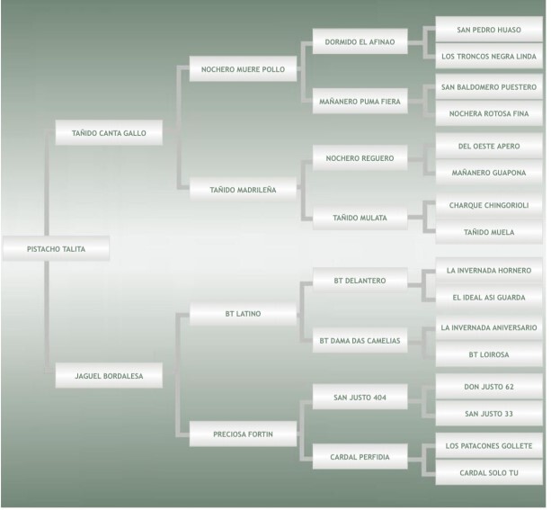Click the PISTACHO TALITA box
pyautogui.click(x=56, y=249)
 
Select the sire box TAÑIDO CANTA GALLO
pyautogui.click(x=109, y=133)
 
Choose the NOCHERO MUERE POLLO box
pyautogui.click(x=243, y=68)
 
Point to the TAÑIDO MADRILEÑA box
pyautogui.click(x=243, y=190)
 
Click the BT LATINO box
pyautogui.click(x=243, y=314)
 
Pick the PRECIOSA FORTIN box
pyautogui.click(x=243, y=434)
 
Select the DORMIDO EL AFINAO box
pyautogui.click(x=360, y=40)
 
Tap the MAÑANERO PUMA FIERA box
pyautogui.click(x=360, y=101)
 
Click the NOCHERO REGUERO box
pyautogui.click(x=360, y=159)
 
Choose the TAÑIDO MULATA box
pyautogui.click(x=360, y=217)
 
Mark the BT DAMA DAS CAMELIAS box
pyautogui.click(x=360, y=341)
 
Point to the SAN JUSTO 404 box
pyautogui.click(x=360, y=398)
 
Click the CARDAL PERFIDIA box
pyautogui.click(x=360, y=457)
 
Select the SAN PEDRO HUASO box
pyautogui.click(x=489, y=29)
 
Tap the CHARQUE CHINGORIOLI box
pyautogui.click(x=489, y=205)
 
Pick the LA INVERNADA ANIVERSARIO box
pyautogui.click(x=489, y=327)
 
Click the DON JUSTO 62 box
pyautogui.click(x=489, y=385)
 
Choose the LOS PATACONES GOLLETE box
pyautogui.click(x=489, y=445)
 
